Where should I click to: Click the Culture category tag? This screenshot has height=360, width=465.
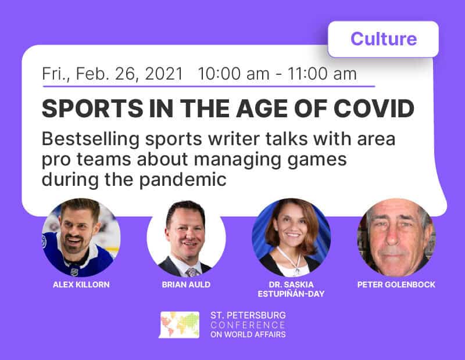pos(383,39)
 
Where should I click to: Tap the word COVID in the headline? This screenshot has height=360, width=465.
pos(374,108)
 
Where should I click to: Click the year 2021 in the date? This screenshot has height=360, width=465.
pos(164,74)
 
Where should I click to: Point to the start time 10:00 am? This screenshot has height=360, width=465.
pos(234,74)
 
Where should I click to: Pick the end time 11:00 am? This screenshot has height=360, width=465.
pos(322,74)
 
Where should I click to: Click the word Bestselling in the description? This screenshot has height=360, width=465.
pos(91,139)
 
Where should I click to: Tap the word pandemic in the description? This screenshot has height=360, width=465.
pos(183,180)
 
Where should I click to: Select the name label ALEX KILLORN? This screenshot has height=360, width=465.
pos(81,285)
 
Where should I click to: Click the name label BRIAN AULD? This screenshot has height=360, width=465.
pos(186,285)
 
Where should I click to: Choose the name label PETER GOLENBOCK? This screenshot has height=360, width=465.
pos(396,285)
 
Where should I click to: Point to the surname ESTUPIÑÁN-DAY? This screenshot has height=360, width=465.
pos(291,294)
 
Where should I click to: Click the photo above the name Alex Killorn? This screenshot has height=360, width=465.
pos(81,237)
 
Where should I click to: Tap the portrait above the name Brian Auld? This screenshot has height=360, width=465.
pos(186,237)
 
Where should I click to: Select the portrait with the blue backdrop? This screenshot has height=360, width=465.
pos(291,237)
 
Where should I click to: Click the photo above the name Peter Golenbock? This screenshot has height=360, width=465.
pos(396,237)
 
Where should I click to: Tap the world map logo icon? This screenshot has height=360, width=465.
pos(179,325)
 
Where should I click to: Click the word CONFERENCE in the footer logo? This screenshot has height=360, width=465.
pos(248,325)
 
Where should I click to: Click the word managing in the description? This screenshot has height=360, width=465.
pos(237,160)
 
